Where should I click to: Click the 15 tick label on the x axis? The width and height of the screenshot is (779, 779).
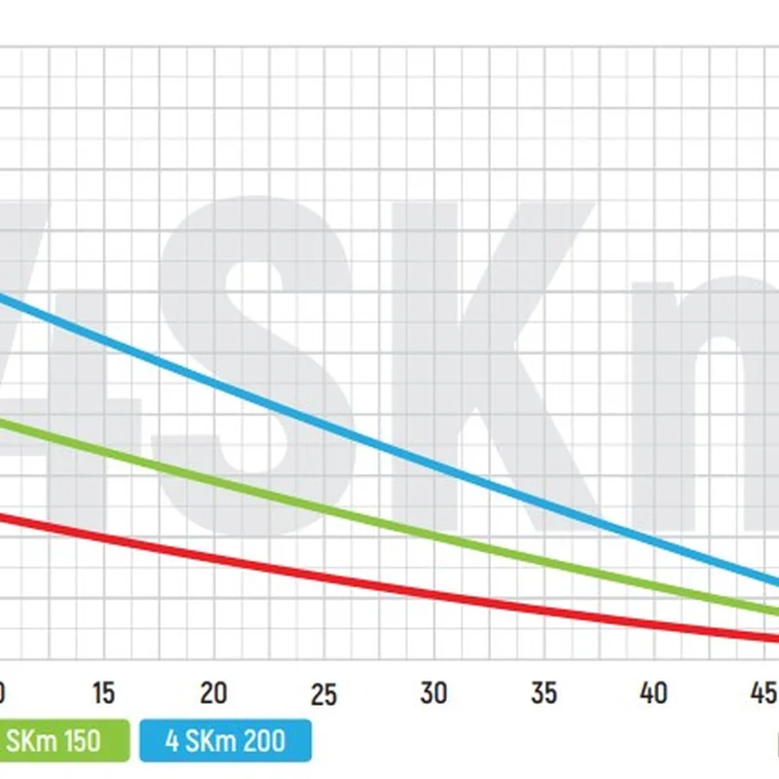(103, 692)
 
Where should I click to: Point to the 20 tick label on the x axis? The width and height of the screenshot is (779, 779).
(213, 692)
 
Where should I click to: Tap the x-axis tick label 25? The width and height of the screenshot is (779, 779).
(323, 694)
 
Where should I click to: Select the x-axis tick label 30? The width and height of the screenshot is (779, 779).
(433, 692)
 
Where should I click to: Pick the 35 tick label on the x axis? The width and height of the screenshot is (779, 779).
(543, 692)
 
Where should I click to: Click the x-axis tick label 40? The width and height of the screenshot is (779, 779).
(653, 692)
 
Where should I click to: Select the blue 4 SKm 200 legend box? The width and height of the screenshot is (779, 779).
(225, 741)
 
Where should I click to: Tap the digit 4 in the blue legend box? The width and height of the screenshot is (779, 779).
(172, 741)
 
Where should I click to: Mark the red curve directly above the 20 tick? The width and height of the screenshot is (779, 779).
(213, 557)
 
